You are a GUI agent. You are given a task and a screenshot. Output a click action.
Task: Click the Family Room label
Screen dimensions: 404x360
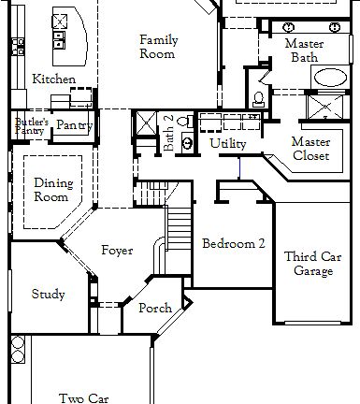pos(158,47)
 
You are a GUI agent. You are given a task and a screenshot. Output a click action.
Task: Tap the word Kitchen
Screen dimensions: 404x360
pos(53,79)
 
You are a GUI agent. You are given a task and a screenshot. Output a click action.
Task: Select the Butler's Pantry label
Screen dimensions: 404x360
pos(31,126)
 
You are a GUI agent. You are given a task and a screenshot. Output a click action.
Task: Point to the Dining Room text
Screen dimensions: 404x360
pos(52,191)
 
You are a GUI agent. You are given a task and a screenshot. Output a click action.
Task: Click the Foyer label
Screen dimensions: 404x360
pos(117,251)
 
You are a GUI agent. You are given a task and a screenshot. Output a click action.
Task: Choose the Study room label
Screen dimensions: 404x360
pos(48,295)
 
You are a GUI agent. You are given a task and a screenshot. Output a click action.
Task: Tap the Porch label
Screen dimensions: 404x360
pos(154,309)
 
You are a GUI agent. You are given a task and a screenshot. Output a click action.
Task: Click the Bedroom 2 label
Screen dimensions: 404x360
pos(234,243)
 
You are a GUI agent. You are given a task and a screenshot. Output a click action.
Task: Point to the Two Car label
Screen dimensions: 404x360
pos(84,397)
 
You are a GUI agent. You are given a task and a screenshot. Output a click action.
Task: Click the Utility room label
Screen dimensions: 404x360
pos(228,143)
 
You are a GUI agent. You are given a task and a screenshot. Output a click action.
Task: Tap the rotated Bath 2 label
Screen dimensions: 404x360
pos(169,134)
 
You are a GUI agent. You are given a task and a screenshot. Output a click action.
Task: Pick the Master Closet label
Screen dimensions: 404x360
pos(310,149)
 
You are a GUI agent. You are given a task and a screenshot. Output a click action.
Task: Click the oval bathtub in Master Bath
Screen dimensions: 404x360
pos(328,78)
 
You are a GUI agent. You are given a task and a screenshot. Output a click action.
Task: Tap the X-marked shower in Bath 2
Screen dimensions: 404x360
pos(147,123)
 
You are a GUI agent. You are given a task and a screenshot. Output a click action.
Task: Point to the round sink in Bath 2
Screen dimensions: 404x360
pos(186,142)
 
